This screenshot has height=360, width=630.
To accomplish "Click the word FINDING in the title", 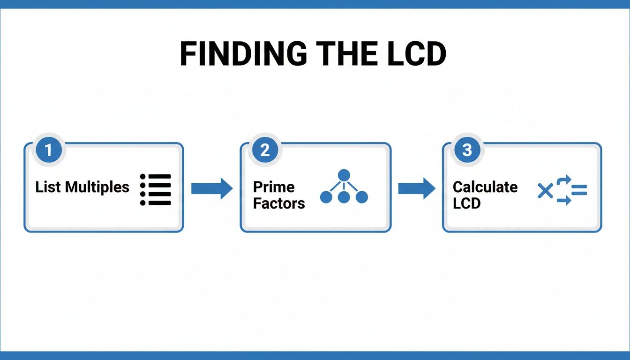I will tap(243, 54).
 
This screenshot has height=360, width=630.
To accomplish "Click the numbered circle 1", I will tap(48, 150).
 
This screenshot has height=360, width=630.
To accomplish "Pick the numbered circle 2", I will tap(265, 150).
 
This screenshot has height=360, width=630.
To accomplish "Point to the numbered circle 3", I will tap(467, 150).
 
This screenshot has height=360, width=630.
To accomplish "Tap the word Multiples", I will tap(97, 187).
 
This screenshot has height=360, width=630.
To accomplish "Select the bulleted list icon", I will tap(156, 189).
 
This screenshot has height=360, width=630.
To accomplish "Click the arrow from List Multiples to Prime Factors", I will tap(211, 188).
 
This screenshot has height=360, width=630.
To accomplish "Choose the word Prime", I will tap(274, 187).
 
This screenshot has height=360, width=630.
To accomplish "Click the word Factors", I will tap(279, 203).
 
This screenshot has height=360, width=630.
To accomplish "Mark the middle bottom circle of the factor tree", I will tap(344, 197).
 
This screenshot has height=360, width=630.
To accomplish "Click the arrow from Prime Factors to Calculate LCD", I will tap(416, 188).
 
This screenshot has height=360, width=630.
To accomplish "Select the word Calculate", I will tap(485, 187).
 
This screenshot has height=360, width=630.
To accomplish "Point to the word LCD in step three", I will tap(467, 203).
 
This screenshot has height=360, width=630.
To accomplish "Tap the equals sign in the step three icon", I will tap(579, 190).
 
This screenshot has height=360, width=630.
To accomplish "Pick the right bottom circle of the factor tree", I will tap(361, 197).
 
